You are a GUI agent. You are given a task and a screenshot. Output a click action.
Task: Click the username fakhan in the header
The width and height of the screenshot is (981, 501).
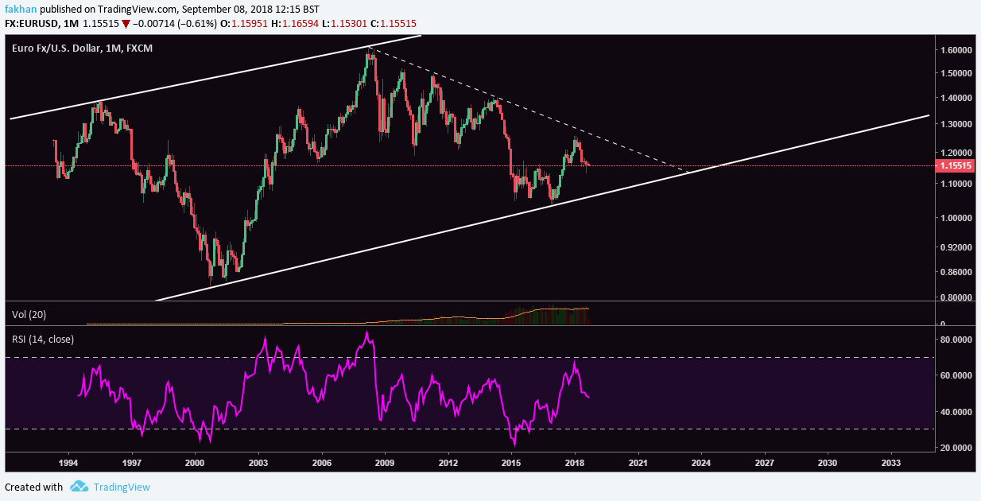pyautogui.click(x=18, y=8)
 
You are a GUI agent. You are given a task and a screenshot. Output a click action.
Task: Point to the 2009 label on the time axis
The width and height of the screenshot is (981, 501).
pyautogui.click(x=385, y=462)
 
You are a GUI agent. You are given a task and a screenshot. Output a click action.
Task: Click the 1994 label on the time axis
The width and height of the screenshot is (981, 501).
pyautogui.click(x=68, y=462)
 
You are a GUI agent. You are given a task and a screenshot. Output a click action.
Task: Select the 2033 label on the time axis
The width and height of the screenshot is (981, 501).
pyautogui.click(x=891, y=462)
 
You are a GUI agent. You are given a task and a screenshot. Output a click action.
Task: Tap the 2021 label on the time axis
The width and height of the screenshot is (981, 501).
pyautogui.click(x=638, y=462)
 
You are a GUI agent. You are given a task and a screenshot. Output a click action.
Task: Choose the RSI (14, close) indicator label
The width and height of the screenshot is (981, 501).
pyautogui.click(x=43, y=340)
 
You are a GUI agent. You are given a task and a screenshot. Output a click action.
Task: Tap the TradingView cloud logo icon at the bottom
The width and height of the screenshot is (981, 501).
pyautogui.click(x=78, y=487)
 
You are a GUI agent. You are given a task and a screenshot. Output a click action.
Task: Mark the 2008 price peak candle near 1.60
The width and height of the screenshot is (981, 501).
pyautogui.click(x=370, y=52)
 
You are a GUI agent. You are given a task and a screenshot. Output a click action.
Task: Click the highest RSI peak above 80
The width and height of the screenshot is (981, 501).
pyautogui.click(x=366, y=332)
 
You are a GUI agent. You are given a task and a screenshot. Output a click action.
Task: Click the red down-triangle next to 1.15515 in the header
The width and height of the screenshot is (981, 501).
pyautogui.click(x=126, y=25)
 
